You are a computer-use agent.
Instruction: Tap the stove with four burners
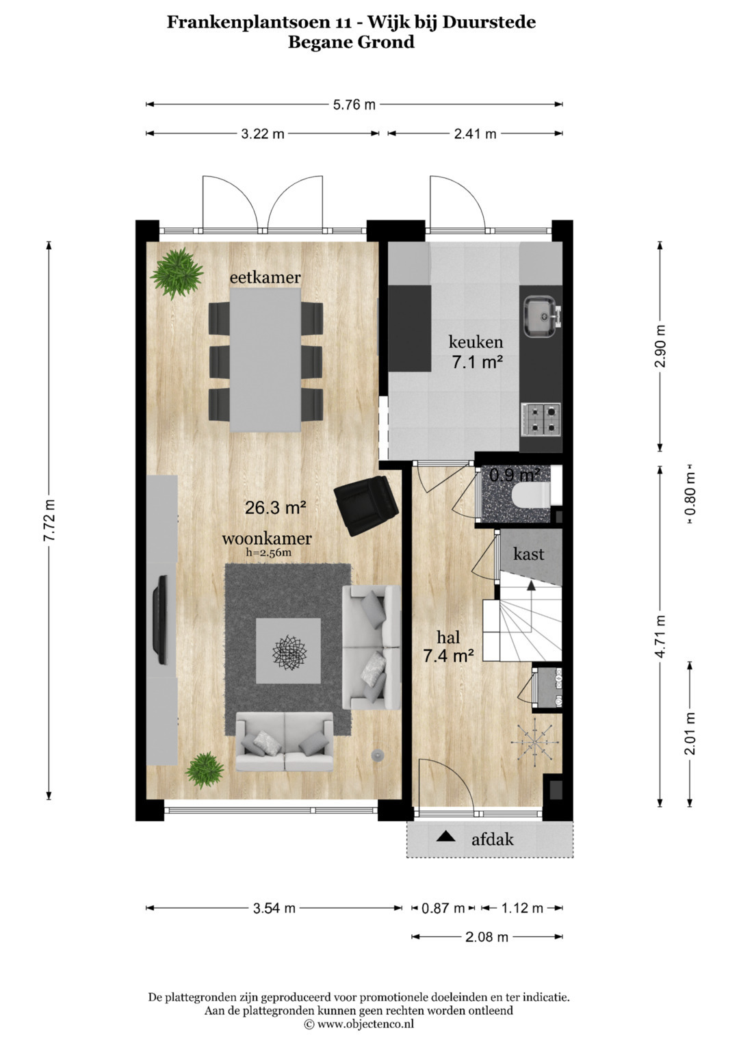coord(541,420)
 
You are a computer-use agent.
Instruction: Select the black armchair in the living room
coord(367,505)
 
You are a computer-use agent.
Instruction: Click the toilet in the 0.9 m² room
coord(532,494)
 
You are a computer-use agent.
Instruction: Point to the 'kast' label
coord(528,554)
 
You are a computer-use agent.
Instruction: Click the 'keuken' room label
coord(476,342)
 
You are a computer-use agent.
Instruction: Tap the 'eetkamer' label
coord(265,278)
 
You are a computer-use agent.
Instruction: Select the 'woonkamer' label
coord(267,539)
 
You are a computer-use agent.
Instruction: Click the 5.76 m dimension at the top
coord(354,105)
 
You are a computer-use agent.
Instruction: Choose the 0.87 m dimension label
coord(443,908)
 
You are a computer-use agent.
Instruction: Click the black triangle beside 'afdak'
coord(445,837)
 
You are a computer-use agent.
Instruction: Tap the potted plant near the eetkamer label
coord(177,273)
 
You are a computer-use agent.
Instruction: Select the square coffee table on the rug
coord(288,651)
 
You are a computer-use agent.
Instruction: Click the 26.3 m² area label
coord(276,507)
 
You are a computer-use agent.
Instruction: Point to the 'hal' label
coord(448,637)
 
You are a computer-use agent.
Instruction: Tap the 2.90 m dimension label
coord(660,346)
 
